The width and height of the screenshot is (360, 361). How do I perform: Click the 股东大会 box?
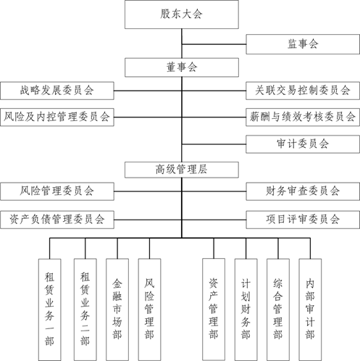pos(182,14)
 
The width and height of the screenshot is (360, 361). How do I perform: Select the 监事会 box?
pos(303,44)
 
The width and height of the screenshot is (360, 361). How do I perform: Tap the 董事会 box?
pos(182,67)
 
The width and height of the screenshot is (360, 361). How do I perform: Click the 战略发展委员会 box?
pos(57,91)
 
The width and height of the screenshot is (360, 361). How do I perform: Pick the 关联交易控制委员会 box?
pos(303,91)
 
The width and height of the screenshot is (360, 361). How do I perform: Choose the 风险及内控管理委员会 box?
pos(57,117)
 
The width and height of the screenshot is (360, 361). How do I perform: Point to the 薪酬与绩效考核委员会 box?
pos(303,117)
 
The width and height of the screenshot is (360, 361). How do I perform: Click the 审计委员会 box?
pos(303,144)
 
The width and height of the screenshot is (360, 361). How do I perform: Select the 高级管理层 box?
pos(182,170)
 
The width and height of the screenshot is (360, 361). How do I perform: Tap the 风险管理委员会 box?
pos(57,191)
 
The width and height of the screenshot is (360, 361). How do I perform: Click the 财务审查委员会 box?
pos(303,191)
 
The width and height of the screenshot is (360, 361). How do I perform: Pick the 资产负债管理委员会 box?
pos(57,220)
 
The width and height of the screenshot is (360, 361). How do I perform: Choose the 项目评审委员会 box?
pos(303,220)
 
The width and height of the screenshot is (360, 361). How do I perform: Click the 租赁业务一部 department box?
pos(50,310)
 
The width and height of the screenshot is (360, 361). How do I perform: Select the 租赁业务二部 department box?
pos(85,310)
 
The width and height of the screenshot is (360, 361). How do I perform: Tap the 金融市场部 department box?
pos(117,310)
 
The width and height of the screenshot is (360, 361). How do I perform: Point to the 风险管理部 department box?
pos(149,310)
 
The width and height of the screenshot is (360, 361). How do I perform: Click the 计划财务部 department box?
pos(246,310)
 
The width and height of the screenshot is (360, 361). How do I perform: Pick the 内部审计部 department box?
pos(310,310)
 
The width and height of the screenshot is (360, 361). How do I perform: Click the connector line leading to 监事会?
pos(214,44)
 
